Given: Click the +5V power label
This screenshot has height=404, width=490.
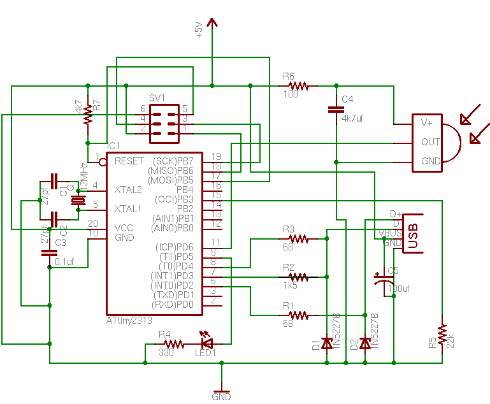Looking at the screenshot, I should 198,30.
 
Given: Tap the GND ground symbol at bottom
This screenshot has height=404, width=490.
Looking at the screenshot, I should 221,389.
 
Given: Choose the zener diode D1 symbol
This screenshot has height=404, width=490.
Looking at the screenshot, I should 326,343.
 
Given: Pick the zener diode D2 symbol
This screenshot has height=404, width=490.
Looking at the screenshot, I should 364,343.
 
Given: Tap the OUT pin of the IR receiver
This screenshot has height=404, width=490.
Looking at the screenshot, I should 431,142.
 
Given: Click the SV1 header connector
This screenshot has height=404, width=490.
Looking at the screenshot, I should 164,119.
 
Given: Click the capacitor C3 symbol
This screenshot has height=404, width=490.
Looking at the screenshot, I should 49,253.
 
